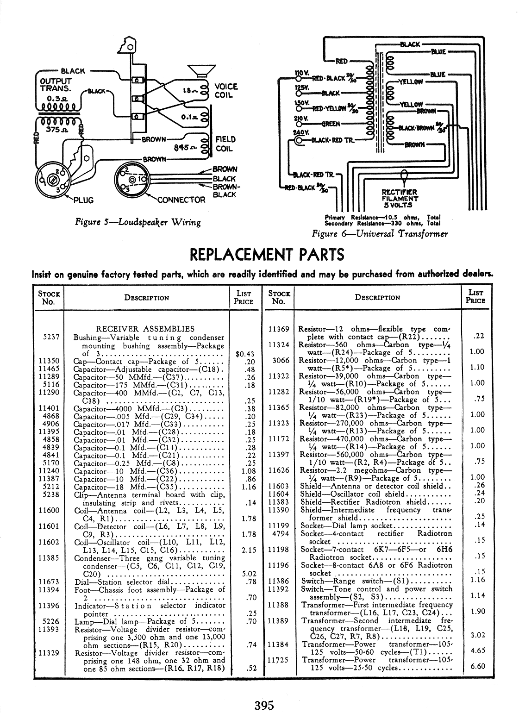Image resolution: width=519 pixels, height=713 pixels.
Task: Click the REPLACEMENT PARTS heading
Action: click(x=267, y=255)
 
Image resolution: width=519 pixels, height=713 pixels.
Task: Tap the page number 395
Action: click(x=264, y=705)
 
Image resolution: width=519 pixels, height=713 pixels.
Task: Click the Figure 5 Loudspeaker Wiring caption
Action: click(x=138, y=222)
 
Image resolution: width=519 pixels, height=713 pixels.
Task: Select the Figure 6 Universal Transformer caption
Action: click(x=380, y=233)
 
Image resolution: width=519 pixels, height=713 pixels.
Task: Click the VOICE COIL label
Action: click(x=226, y=91)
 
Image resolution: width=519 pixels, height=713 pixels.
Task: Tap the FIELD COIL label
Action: click(x=225, y=144)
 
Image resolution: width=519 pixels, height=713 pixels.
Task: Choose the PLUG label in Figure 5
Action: click(x=83, y=200)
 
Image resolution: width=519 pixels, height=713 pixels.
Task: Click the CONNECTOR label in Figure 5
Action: click(x=181, y=200)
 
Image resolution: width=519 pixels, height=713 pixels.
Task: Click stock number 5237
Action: click(x=50, y=337)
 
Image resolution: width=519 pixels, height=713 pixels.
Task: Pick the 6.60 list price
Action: click(x=477, y=666)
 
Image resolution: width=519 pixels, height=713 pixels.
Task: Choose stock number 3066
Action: click(x=281, y=360)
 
